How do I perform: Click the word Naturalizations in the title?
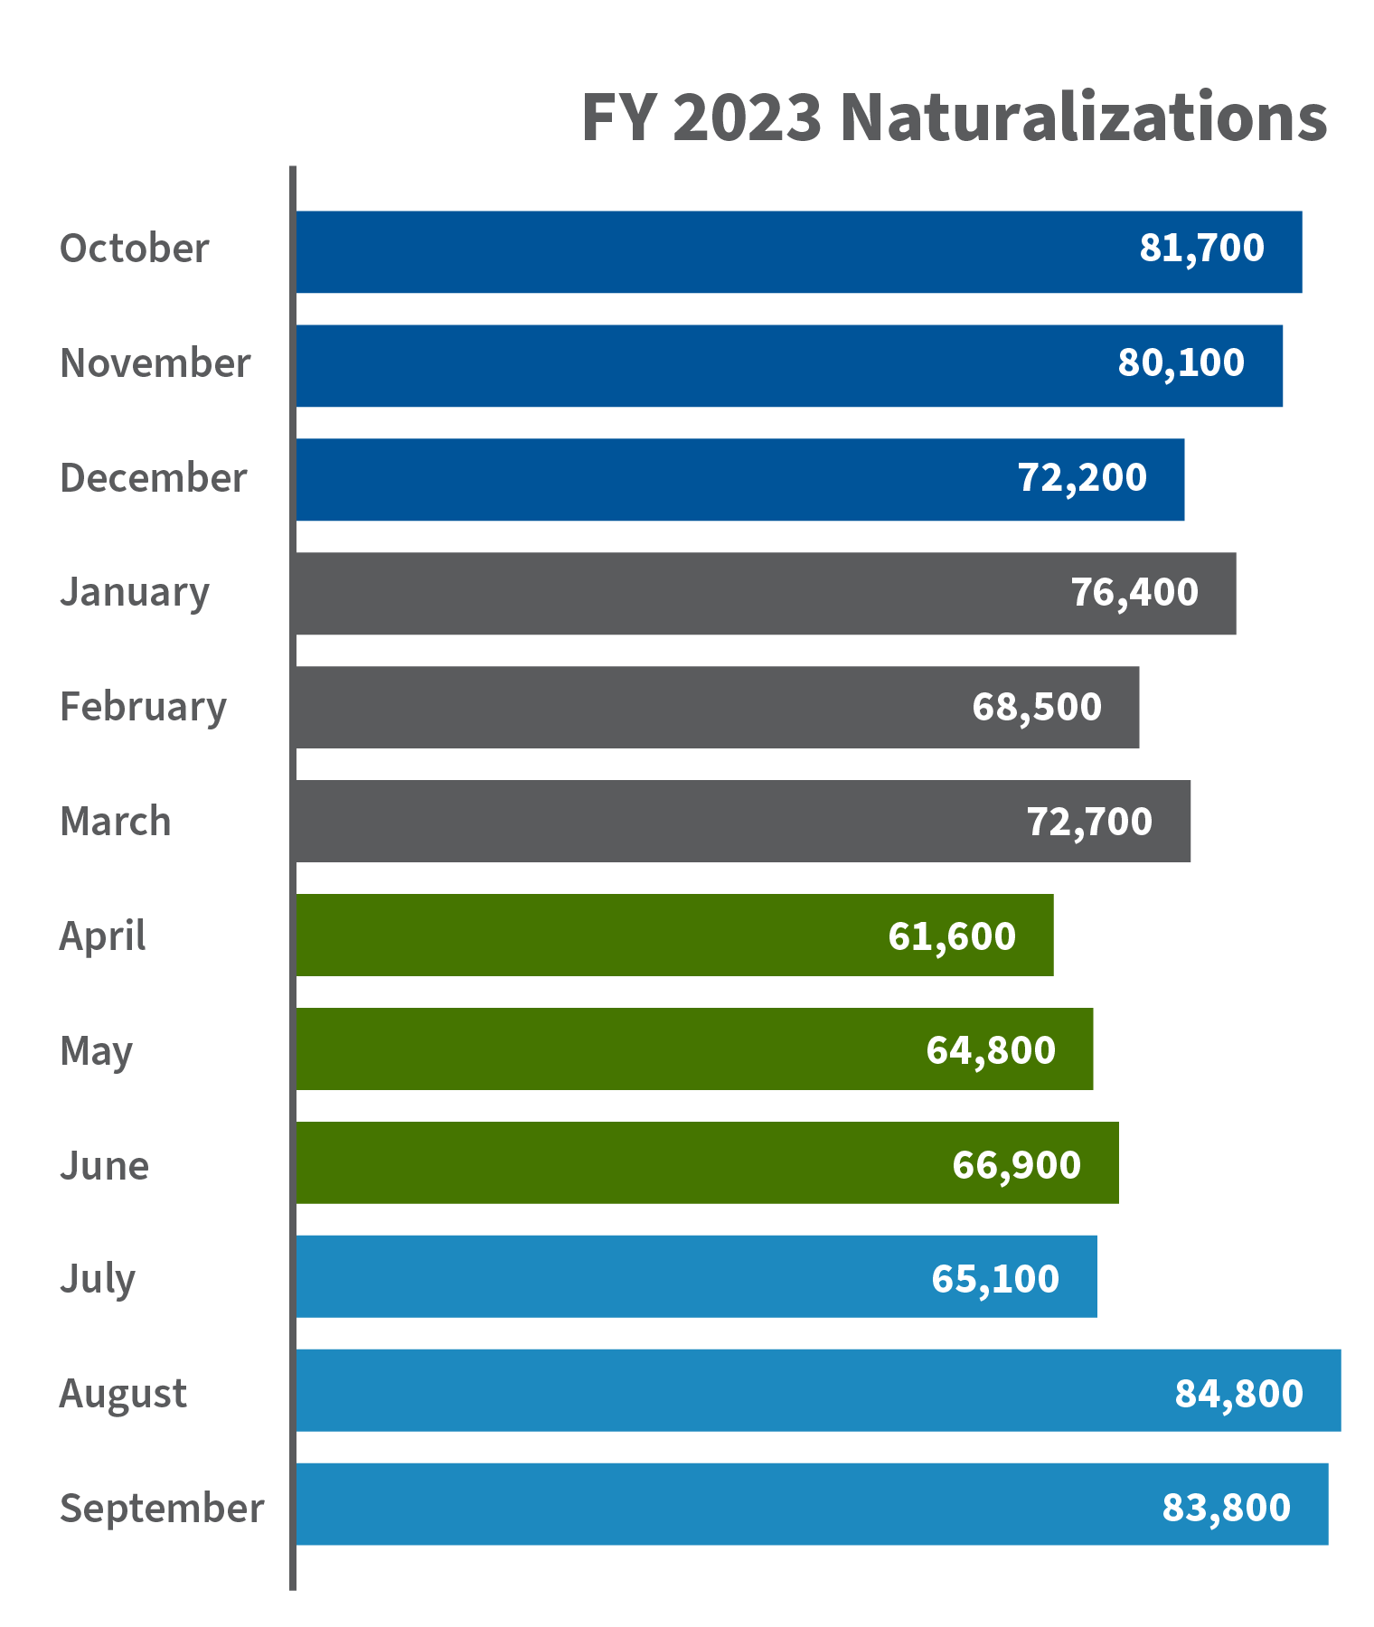(1083, 118)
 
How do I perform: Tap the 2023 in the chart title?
(747, 118)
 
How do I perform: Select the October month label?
(134, 249)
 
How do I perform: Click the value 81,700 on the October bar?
(1201, 249)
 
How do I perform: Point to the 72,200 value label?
(1082, 478)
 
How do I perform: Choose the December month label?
(153, 478)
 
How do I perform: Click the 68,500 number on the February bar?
(1037, 708)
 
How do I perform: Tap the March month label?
(116, 822)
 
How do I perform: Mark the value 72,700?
(1089, 823)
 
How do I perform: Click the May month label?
(97, 1052)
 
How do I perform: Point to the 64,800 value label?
(991, 1050)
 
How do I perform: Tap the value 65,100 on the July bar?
(995, 1279)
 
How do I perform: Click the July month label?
(98, 1280)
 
